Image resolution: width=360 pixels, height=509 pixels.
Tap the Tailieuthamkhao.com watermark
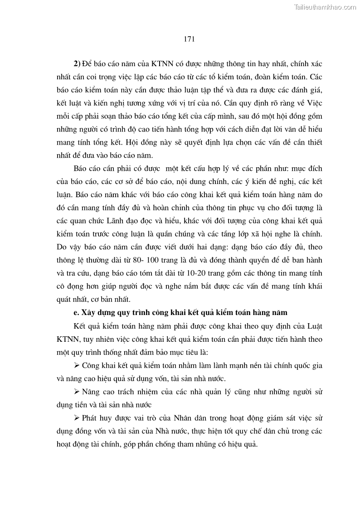pyautogui.click(x=325, y=7)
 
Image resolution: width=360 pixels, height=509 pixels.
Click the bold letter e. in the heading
pyautogui.click(x=76, y=313)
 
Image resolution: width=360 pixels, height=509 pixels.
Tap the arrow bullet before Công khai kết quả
pyautogui.click(x=76, y=365)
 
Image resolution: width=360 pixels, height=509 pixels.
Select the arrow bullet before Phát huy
pyautogui.click(x=76, y=418)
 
